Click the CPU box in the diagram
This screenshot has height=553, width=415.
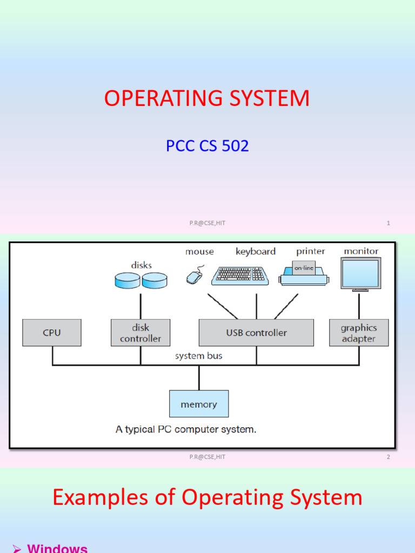pyautogui.click(x=52, y=333)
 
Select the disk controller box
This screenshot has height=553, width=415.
pyautogui.click(x=140, y=333)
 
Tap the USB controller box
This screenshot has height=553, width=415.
pyautogui.click(x=256, y=333)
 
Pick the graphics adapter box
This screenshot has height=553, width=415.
pyautogui.click(x=359, y=333)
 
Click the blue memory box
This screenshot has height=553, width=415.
pyautogui.click(x=199, y=404)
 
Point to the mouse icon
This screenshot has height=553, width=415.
pyautogui.click(x=195, y=276)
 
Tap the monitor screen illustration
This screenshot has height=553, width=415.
pyautogui.click(x=361, y=273)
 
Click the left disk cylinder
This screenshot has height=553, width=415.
pyautogui.click(x=128, y=280)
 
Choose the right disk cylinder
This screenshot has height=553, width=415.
pyautogui.click(x=155, y=280)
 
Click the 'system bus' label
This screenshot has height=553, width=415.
pyautogui.click(x=198, y=356)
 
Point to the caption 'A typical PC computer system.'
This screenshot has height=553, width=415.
pyautogui.click(x=186, y=430)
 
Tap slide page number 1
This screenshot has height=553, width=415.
pyautogui.click(x=388, y=223)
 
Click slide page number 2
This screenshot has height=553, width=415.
pyautogui.click(x=388, y=457)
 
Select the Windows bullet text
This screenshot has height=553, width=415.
pyautogui.click(x=57, y=548)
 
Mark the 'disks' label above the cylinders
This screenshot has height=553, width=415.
pyautogui.click(x=141, y=265)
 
